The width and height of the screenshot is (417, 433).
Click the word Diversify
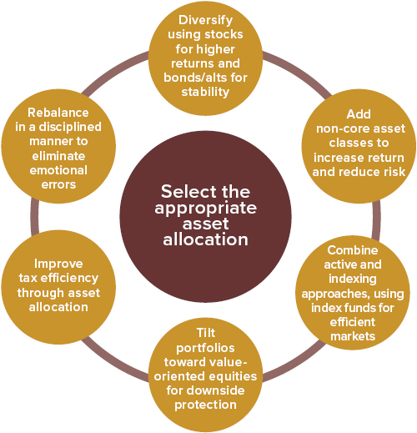click(x=205, y=20)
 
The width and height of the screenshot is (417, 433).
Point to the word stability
click(x=205, y=92)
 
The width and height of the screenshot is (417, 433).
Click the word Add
click(x=359, y=114)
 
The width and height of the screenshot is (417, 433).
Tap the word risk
click(x=394, y=172)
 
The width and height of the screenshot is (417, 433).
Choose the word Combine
click(x=353, y=250)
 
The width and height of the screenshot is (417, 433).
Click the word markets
click(x=353, y=336)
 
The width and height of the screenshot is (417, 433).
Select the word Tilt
click(x=206, y=333)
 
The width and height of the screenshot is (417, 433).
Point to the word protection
click(x=205, y=405)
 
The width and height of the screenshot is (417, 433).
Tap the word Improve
click(x=58, y=264)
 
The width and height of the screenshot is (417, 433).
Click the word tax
click(x=28, y=278)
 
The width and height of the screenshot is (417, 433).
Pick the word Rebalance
click(x=58, y=113)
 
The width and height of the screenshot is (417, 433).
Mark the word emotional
click(x=58, y=170)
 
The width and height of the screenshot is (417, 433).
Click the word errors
click(x=58, y=184)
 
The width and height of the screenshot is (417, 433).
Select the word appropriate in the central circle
click(x=205, y=209)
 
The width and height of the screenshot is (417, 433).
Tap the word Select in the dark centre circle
click(x=185, y=191)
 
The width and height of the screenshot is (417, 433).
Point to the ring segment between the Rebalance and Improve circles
click(x=34, y=217)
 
